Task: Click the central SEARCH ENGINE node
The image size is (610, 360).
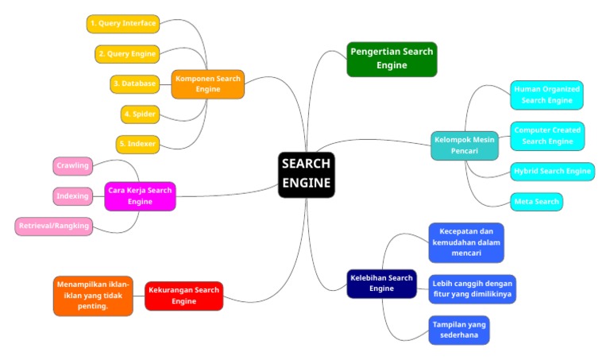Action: point(306,175)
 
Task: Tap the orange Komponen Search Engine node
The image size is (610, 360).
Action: point(207,84)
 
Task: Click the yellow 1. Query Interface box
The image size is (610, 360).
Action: point(123,24)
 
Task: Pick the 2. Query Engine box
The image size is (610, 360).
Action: point(127,54)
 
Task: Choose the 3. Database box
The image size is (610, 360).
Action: point(134,83)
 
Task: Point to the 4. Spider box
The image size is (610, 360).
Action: point(140,114)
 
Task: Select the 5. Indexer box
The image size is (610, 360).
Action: point(137,144)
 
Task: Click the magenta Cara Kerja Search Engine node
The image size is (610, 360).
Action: point(140,195)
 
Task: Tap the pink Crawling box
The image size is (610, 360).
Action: point(73,166)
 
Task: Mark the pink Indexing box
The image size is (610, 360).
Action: point(73,196)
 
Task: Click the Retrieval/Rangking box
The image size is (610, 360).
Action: point(53,226)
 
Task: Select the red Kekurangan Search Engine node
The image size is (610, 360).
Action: point(183,296)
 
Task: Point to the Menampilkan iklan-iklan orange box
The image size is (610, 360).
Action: point(93,296)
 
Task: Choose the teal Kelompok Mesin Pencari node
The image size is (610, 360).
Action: point(465,145)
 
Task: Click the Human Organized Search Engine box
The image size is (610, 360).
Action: point(546,95)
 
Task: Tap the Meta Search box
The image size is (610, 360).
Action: point(536,202)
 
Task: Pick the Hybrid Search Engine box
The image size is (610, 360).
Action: point(552,172)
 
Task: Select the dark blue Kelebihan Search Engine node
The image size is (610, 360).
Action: point(381,283)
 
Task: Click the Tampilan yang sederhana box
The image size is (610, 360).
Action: point(459,330)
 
